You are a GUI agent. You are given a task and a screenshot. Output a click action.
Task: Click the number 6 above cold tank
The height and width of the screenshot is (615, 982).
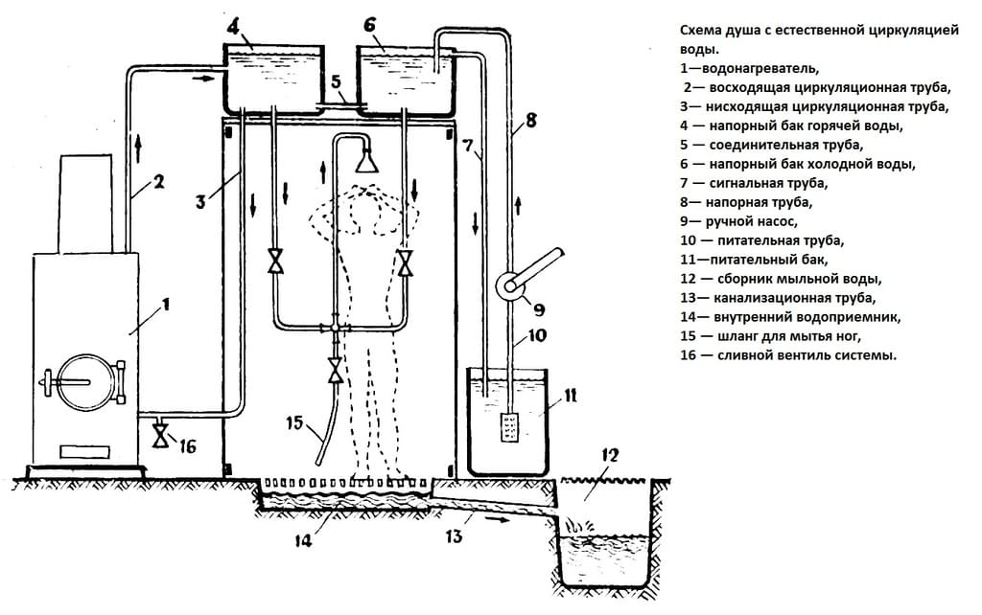click(x=369, y=26)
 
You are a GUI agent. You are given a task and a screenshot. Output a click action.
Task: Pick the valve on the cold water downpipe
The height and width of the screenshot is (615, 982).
click(x=407, y=262)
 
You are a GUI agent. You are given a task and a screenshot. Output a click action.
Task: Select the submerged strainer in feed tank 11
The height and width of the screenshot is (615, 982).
click(x=508, y=426)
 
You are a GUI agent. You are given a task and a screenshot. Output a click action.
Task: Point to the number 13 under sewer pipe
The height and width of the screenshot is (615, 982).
click(x=454, y=536)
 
